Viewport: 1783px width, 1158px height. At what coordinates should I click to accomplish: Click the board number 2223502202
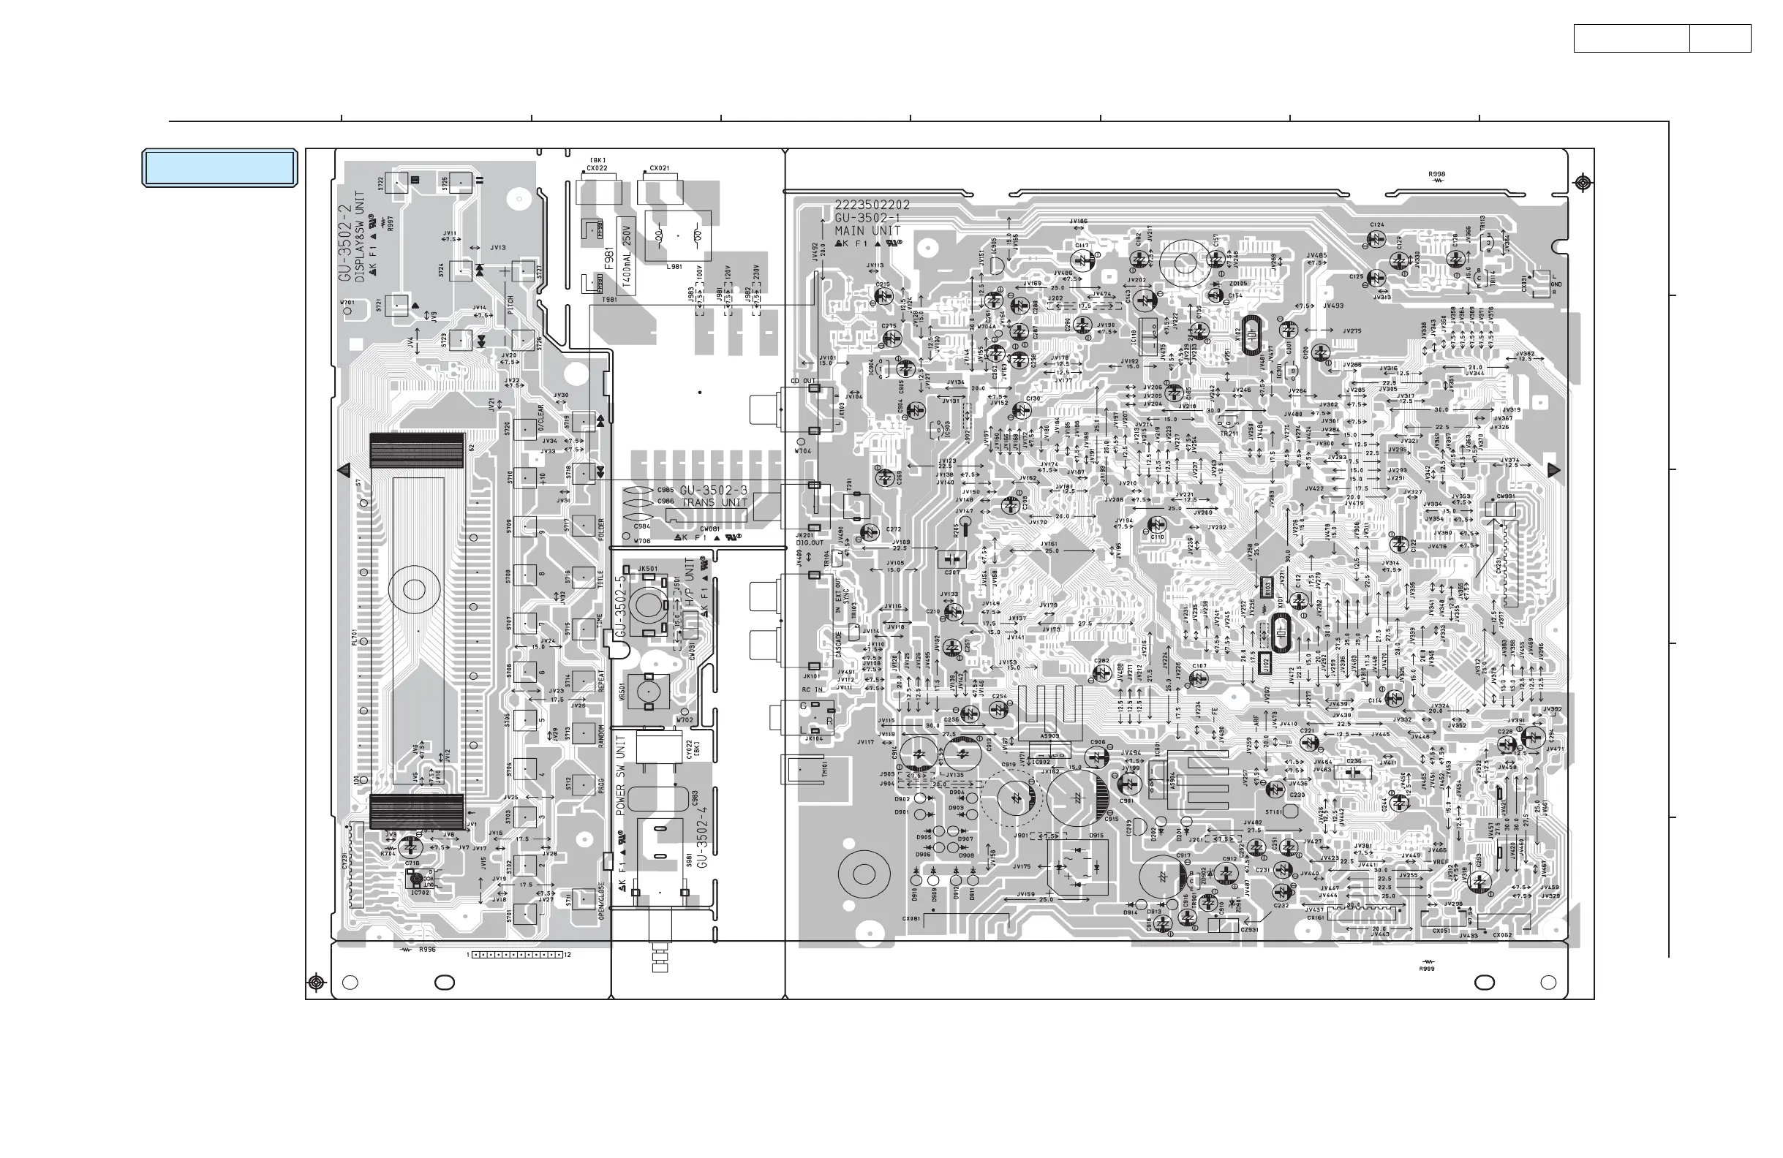coord(872,205)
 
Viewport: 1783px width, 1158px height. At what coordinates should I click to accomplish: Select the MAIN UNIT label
coord(867,231)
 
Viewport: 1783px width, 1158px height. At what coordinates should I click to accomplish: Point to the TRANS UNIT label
coord(713,502)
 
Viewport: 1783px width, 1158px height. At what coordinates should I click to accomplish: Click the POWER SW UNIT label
coord(620,776)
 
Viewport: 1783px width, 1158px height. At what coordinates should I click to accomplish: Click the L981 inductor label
coord(674,267)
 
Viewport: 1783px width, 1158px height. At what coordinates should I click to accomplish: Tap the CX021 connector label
coord(659,169)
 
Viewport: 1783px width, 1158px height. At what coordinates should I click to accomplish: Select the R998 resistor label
coord(1436,174)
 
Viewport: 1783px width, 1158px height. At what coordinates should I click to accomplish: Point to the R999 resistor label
coord(1426,969)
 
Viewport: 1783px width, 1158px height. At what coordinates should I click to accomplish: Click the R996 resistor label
coord(427,949)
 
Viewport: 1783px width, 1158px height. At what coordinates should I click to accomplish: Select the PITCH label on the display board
coord(510,305)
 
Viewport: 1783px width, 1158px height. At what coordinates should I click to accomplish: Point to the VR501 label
coord(621,692)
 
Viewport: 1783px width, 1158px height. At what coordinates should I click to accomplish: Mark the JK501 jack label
coord(647,569)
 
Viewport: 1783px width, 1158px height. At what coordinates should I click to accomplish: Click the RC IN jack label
coord(812,689)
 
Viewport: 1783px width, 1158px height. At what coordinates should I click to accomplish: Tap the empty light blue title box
coord(219,168)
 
